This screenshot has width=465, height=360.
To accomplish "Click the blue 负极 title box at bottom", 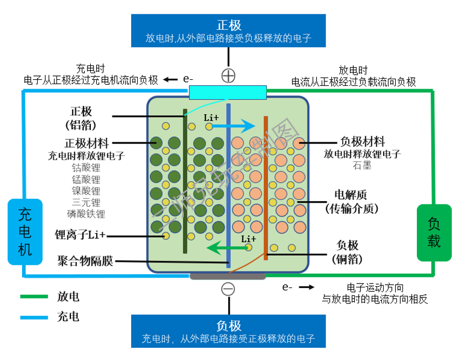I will pos(228,331).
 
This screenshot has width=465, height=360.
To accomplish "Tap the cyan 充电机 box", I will pos(25,231).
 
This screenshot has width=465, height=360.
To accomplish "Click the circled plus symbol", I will pos(228,76).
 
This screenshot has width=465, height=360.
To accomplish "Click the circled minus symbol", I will pos(228,289).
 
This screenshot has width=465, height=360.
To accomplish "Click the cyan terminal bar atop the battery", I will pos(228,92).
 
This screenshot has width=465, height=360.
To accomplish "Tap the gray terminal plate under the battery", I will pos(228,275).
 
